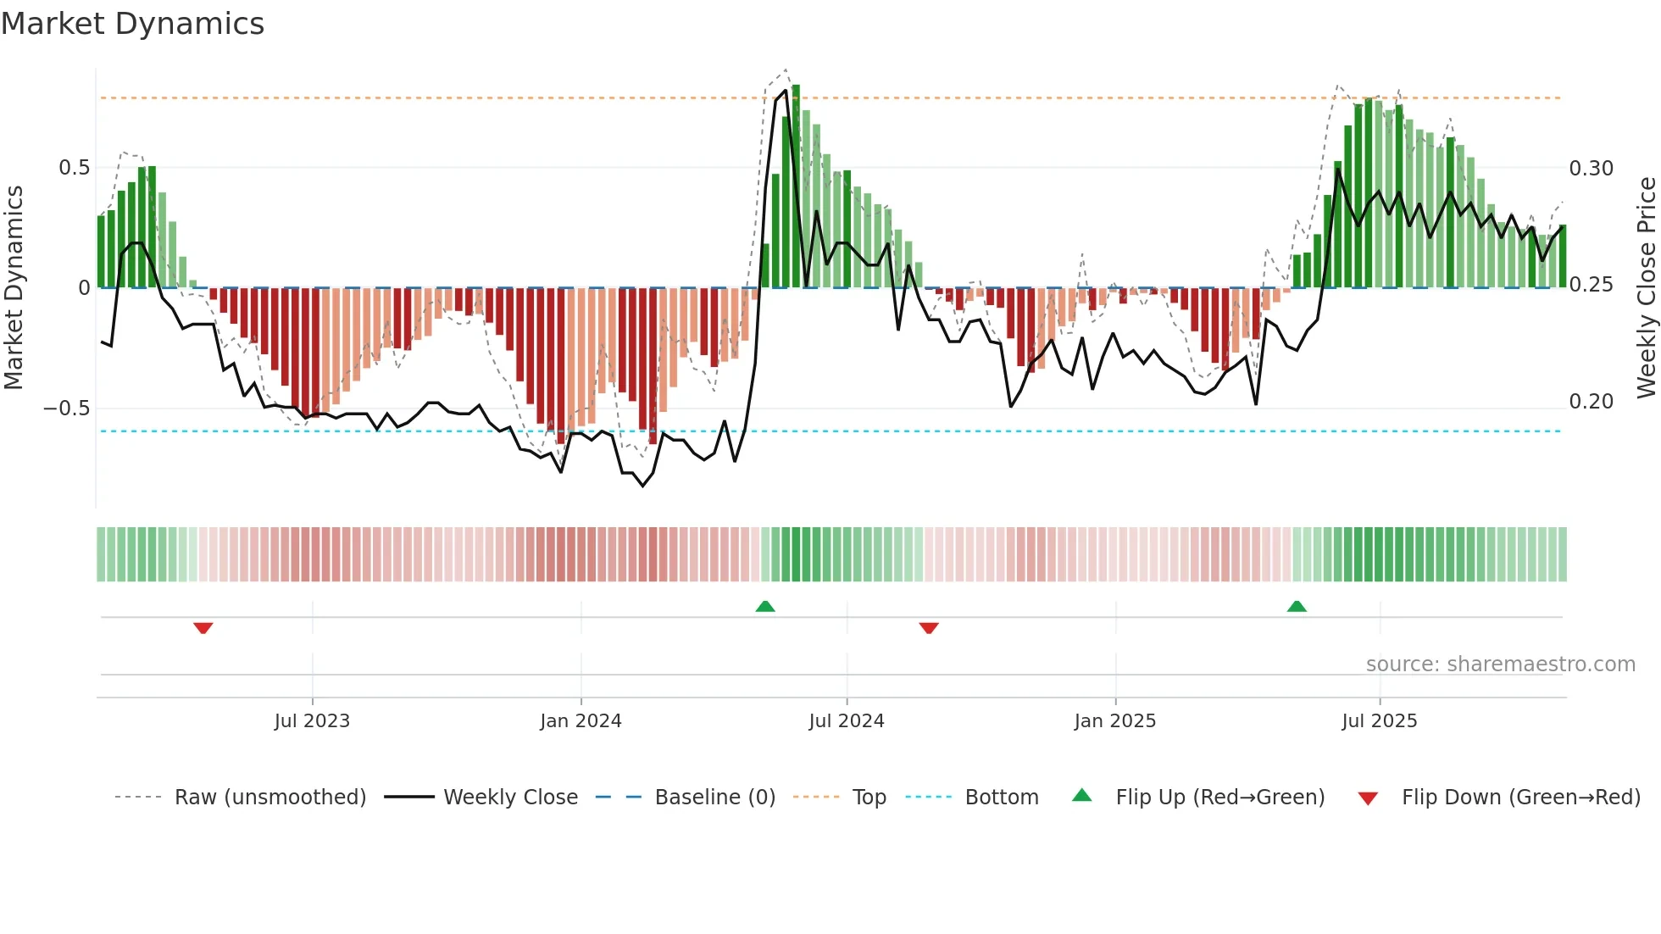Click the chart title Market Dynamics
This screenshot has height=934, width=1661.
[x=133, y=24]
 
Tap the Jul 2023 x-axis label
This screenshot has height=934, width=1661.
[x=312, y=721]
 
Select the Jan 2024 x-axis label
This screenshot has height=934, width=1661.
[x=581, y=721]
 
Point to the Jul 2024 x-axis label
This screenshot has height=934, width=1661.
[x=846, y=721]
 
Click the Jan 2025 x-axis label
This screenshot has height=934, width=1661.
[x=1114, y=721]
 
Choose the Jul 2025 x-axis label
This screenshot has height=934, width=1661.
[x=1379, y=721]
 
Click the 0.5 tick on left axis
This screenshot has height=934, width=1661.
[x=74, y=168]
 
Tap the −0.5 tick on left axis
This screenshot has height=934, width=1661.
[x=67, y=409]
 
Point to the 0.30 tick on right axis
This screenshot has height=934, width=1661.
[x=1591, y=169]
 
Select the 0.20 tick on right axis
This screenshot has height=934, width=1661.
[x=1591, y=402]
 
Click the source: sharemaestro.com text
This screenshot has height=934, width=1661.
[x=1500, y=664]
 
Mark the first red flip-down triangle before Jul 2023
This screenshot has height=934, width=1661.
[x=203, y=628]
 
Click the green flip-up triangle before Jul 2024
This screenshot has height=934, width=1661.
[x=765, y=606]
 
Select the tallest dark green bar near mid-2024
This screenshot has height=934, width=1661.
[x=796, y=186]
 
